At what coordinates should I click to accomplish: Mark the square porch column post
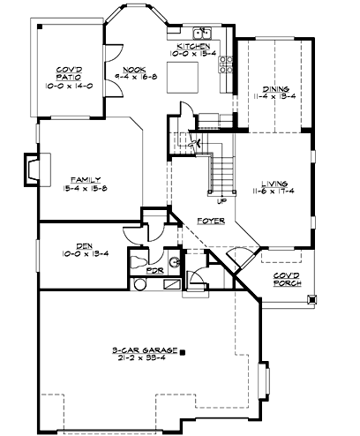pos(311,299)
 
